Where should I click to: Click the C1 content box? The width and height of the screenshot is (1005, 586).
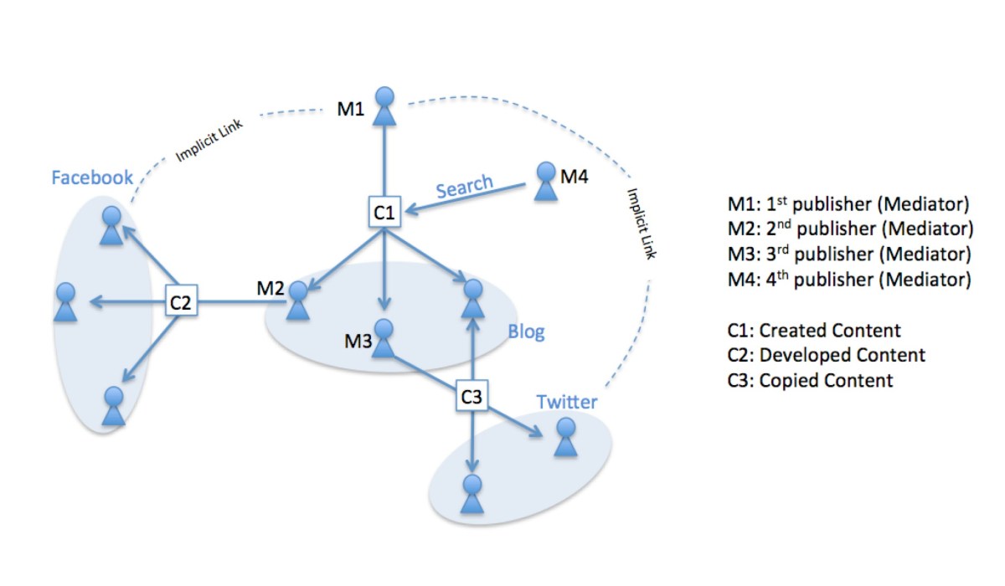pos(384,212)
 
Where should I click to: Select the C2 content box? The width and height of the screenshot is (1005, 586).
pos(181,302)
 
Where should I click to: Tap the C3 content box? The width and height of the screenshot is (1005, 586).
pos(472,396)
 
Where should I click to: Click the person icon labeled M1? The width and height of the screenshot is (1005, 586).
pos(384,106)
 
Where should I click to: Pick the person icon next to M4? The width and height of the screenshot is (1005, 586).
pos(546,182)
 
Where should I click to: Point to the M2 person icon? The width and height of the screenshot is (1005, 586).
pos(297,301)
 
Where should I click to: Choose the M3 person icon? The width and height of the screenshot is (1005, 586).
pos(384,339)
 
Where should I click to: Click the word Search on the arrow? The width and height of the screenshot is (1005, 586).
pos(465,187)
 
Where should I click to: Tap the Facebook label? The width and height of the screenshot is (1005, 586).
pos(92,177)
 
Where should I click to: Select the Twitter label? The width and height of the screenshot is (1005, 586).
pos(567,402)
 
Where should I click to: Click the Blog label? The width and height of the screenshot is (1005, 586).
pos(526,332)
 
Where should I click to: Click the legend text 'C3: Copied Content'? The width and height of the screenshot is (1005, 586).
pos(811,381)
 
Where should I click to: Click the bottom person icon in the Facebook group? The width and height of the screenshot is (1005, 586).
pos(114,407)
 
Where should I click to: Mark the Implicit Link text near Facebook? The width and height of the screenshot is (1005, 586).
pos(209,143)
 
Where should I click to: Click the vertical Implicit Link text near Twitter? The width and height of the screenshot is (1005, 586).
pos(641,223)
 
